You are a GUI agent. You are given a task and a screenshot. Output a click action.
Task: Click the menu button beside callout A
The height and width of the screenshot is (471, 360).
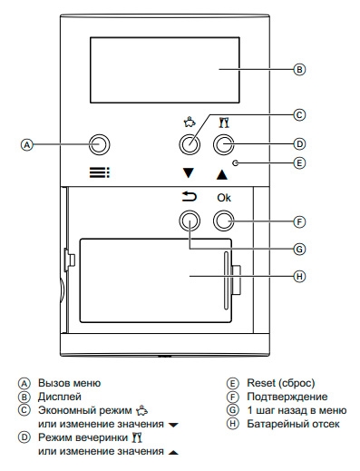pyautogui.click(x=99, y=144)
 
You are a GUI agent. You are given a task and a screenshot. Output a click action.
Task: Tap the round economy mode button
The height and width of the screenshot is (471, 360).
pyautogui.click(x=190, y=144)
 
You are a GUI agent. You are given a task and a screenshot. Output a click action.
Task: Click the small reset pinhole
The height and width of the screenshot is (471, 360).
pyautogui.click(x=236, y=163)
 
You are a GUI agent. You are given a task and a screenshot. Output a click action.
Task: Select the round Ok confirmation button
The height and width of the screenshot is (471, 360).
pyautogui.click(x=224, y=221)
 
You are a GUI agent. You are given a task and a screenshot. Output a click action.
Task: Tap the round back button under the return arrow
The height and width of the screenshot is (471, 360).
pyautogui.click(x=190, y=221)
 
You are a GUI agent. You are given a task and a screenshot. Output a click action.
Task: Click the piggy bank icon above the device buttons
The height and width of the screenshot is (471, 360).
pyautogui.click(x=190, y=122)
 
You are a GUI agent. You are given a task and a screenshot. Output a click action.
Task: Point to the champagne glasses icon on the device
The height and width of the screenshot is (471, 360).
pyautogui.click(x=224, y=123)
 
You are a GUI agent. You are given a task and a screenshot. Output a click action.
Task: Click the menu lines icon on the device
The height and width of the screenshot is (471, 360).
pyautogui.click(x=100, y=173)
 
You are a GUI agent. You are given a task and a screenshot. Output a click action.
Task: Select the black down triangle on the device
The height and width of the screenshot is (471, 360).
pyautogui.click(x=188, y=173)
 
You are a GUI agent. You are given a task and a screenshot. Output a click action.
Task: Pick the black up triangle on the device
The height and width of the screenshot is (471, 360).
pyautogui.click(x=222, y=174)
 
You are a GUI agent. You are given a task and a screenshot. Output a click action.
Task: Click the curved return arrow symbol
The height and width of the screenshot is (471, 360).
pyautogui.click(x=190, y=197)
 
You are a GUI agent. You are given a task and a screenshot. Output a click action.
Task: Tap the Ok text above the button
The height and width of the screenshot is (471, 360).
pyautogui.click(x=224, y=198)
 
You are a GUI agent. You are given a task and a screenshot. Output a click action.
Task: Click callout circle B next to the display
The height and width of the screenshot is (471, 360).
pyautogui.click(x=299, y=69)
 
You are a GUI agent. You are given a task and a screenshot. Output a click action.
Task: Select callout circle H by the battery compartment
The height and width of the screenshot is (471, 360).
pyautogui.click(x=299, y=276)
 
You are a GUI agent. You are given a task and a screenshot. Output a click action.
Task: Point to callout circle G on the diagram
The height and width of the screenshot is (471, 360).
pyautogui.click(x=299, y=249)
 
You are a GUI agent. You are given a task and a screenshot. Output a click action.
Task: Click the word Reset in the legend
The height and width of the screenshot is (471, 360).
pyautogui.click(x=261, y=383)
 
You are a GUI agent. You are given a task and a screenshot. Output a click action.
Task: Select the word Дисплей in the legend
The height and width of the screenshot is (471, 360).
pyautogui.click(x=60, y=397)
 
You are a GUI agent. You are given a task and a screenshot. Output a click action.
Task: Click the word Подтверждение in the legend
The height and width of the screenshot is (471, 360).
pyautogui.click(x=287, y=397)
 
